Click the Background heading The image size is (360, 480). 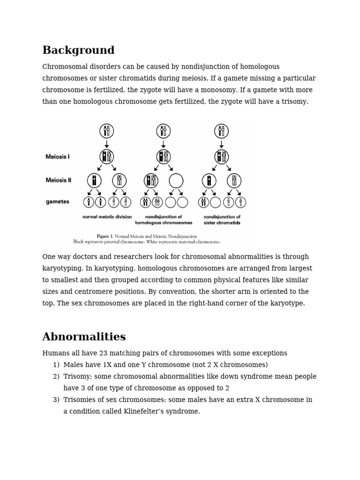[x=78, y=51]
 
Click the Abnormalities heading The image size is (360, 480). [x=84, y=337]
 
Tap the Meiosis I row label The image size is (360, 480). [x=58, y=157]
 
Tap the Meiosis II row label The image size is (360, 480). [x=58, y=180]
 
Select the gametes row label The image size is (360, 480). [x=58, y=202]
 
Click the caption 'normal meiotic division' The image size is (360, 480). [x=107, y=217]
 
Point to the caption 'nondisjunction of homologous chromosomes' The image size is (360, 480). [x=164, y=220]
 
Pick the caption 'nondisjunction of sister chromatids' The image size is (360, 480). [x=222, y=220]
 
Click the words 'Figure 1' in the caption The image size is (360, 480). [x=105, y=236]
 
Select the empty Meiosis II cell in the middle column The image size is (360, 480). [x=176, y=180]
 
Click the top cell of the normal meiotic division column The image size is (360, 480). [x=107, y=131]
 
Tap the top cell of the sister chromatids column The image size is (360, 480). [x=221, y=131]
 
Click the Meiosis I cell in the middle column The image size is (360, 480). [x=164, y=157]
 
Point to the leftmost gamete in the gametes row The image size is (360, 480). [x=89, y=202]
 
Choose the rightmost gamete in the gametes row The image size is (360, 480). [x=240, y=202]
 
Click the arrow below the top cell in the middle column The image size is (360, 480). [x=164, y=143]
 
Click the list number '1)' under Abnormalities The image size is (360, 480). [x=56, y=365]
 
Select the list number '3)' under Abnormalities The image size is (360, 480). [x=56, y=400]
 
